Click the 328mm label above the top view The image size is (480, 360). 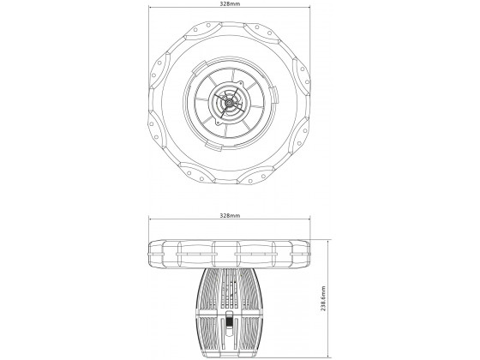[230, 4]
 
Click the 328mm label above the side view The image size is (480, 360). [230, 215]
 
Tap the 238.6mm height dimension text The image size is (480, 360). [323, 298]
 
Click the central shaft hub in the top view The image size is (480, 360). [229, 103]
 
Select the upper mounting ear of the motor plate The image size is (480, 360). [240, 84]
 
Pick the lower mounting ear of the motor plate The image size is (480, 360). [219, 122]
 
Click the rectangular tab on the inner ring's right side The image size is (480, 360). [274, 95]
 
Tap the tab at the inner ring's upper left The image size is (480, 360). [198, 67]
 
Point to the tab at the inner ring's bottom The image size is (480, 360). [214, 146]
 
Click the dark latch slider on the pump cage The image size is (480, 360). [229, 321]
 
